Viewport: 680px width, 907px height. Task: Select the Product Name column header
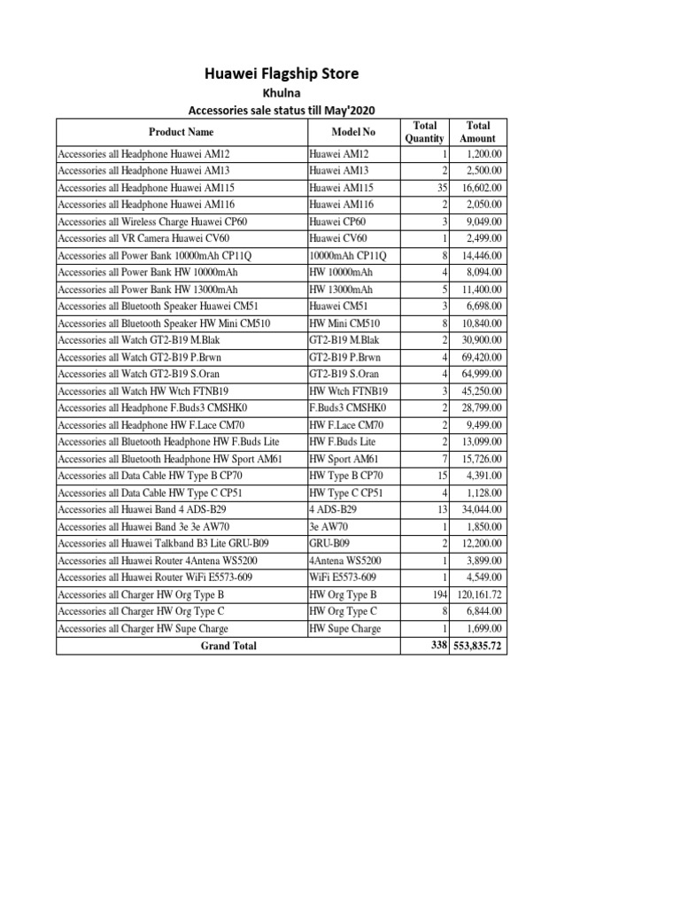(181, 132)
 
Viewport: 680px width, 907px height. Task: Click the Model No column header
(353, 132)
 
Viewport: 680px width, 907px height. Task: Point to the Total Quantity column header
(424, 132)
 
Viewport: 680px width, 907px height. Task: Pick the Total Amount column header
(478, 132)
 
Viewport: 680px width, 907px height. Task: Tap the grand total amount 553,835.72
(479, 646)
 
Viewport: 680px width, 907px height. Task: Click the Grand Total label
(228, 646)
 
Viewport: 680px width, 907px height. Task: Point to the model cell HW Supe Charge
(345, 628)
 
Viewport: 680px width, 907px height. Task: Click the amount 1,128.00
(484, 492)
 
